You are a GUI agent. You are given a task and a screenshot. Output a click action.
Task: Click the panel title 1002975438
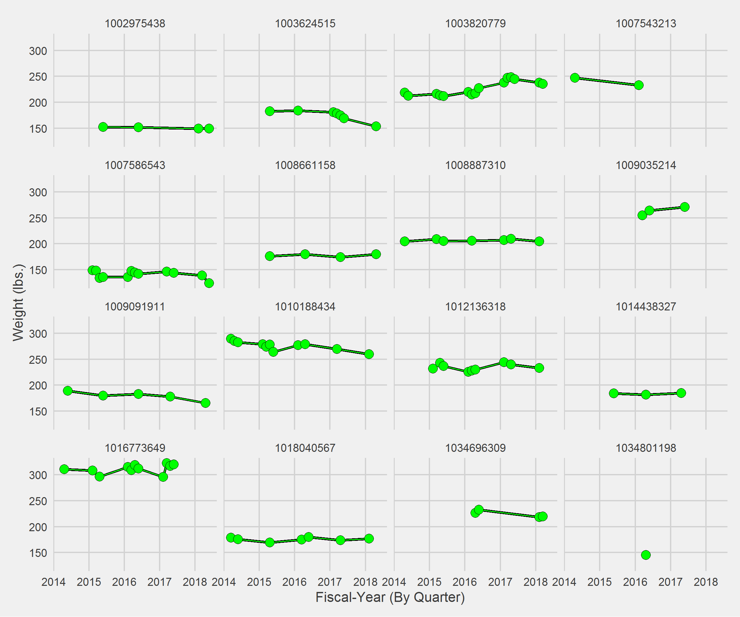point(135,24)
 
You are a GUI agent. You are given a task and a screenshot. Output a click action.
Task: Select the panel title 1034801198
point(646,448)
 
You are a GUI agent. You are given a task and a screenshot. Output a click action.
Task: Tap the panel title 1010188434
point(305,307)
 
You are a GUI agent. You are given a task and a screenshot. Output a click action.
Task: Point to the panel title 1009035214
point(646,165)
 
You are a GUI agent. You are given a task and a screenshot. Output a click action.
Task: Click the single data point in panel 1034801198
point(646,555)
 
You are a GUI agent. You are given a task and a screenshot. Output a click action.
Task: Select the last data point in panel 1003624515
point(376,126)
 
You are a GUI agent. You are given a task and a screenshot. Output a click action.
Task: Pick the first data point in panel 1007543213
point(575,78)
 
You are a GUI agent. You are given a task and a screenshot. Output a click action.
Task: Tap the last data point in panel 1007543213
point(639,85)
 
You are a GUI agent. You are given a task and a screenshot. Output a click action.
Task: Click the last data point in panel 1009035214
point(685,207)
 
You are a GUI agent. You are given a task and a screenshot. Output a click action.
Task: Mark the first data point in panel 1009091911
point(68,391)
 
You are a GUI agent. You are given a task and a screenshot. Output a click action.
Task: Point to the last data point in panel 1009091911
point(206,403)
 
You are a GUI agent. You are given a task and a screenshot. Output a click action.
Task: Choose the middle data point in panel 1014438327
point(646,395)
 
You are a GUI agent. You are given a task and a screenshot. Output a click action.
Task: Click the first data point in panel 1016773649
point(64,469)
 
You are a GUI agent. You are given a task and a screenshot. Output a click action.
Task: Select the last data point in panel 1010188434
point(369,354)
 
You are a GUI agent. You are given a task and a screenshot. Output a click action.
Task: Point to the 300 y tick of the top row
point(38,51)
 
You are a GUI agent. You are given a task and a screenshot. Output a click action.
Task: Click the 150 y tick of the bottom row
point(38,553)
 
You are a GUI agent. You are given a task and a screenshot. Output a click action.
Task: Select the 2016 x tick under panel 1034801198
point(635,582)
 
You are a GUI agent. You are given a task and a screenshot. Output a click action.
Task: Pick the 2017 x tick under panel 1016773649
point(160,582)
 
